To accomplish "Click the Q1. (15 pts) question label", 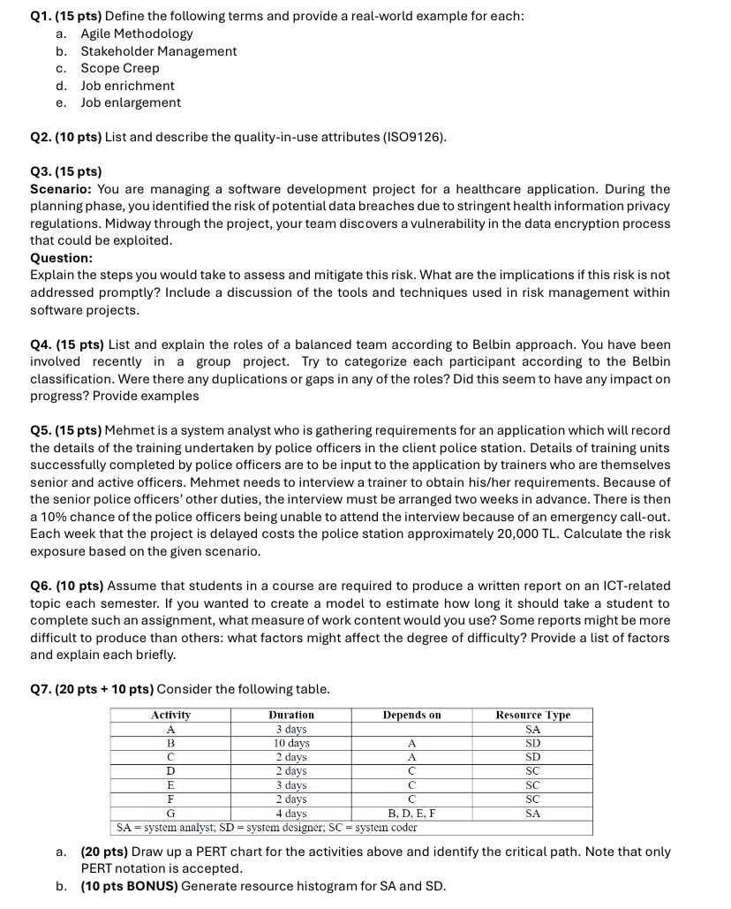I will [x=66, y=16].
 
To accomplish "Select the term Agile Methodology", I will [x=137, y=34].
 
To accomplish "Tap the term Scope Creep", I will [x=120, y=68].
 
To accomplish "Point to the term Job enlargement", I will [x=131, y=102].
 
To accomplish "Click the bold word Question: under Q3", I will [x=62, y=258].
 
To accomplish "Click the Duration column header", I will [x=291, y=715].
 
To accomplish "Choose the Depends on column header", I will [x=411, y=715].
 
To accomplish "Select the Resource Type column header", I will [x=532, y=715].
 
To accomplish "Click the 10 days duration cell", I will [x=291, y=743].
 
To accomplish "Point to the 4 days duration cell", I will [x=291, y=814].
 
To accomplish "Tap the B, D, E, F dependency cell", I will [x=411, y=814].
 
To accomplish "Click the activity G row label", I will [x=170, y=814].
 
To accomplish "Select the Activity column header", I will [x=170, y=715].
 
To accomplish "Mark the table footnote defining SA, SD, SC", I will [x=268, y=828].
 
